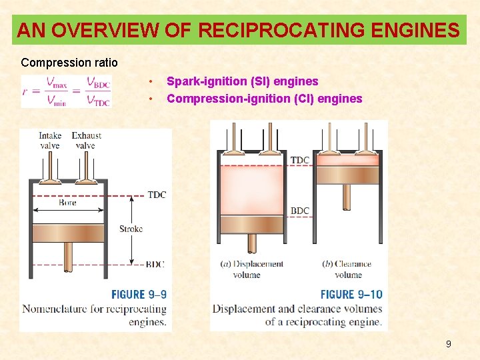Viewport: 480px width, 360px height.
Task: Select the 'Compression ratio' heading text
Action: coord(69,63)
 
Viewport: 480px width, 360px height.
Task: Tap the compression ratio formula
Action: coord(66,91)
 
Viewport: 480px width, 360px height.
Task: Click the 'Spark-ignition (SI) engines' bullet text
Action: coord(242,81)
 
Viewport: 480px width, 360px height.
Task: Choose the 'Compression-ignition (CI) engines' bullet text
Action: coord(264,99)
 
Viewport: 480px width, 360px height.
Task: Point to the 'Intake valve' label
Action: coord(50,141)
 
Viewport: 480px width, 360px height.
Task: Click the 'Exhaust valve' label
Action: coord(86,141)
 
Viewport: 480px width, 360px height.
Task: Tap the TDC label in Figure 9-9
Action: coord(157,195)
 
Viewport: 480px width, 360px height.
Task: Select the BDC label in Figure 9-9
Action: coord(155,264)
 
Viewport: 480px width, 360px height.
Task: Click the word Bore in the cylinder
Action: coord(67,203)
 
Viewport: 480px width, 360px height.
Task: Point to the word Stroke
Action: coord(131,229)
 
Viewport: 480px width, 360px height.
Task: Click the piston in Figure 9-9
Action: coord(68,233)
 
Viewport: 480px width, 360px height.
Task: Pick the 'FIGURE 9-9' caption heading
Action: coord(139,294)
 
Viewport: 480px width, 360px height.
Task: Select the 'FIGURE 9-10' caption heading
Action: coord(351,294)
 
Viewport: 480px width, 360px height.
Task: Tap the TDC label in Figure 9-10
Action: coord(300,160)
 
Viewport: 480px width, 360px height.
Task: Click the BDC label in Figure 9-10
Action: coord(300,211)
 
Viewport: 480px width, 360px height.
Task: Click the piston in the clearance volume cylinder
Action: coord(347,175)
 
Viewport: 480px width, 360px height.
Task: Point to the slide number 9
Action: coord(448,344)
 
